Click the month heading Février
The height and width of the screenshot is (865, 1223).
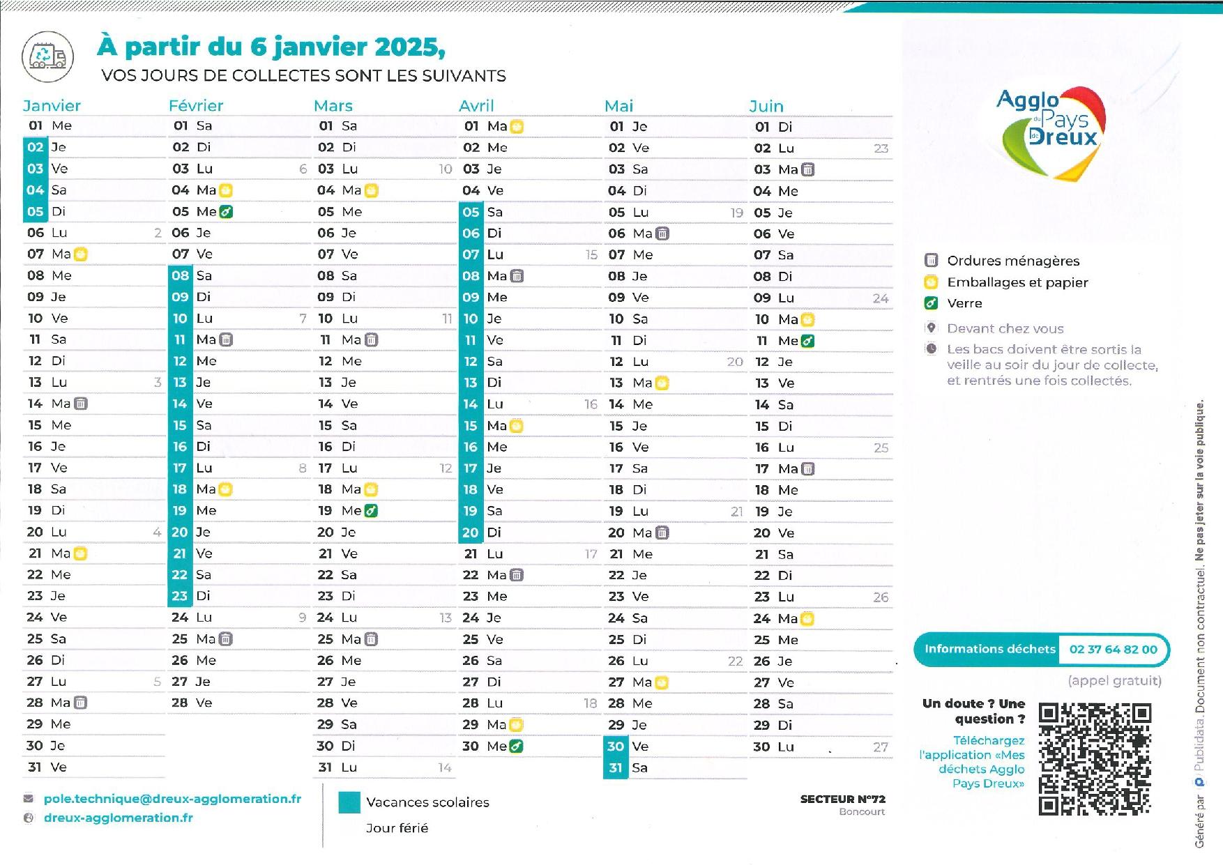pos(196,106)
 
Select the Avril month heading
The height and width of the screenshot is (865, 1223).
pos(476,106)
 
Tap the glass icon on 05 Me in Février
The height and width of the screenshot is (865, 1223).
pos(226,212)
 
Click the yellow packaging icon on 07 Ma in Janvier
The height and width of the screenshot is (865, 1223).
pos(81,254)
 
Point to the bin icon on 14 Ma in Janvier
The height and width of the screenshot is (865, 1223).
pos(81,404)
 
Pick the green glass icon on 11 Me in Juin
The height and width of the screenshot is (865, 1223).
pos(807,341)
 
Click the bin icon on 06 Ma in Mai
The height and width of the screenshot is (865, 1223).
pos(662,234)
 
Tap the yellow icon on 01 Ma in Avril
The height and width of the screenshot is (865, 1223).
pos(517,127)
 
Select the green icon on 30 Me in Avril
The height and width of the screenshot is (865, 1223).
pos(516,747)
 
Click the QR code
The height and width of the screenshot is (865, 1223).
pos(1094,758)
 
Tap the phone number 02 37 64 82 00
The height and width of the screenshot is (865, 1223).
pos(1113,650)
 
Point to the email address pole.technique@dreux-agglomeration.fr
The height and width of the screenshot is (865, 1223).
pos(172,799)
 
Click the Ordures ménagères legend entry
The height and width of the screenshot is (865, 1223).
pos(1012,261)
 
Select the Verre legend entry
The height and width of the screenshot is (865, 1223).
pos(964,303)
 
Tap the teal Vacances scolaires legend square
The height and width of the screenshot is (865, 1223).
pos(349,802)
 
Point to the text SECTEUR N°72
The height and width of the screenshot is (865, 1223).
pos(842,799)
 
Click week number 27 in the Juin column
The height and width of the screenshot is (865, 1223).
pos(881,747)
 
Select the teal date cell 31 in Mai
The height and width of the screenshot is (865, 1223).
pos(616,768)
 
